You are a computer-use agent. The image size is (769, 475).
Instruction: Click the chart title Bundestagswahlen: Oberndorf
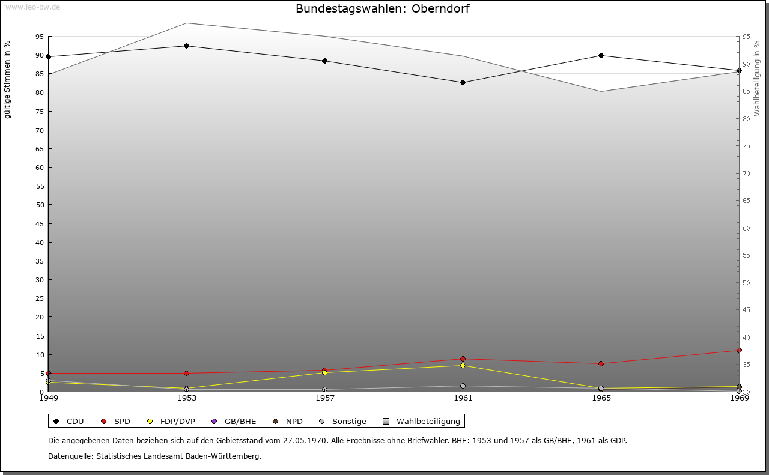382,9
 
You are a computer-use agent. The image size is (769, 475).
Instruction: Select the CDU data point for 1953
187,46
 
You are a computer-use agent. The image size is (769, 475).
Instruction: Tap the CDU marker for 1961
463,82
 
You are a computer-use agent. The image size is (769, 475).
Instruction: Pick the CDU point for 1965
601,56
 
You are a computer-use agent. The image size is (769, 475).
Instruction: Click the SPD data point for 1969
739,350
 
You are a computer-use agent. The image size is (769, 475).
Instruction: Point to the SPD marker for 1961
463,359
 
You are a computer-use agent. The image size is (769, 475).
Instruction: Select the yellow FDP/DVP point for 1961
463,365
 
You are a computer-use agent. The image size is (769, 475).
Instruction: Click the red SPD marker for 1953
187,373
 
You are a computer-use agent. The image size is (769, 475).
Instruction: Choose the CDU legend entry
68,421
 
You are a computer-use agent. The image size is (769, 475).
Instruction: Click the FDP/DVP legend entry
171,421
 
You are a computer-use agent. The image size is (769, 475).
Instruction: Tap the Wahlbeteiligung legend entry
422,421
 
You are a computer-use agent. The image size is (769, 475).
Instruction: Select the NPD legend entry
288,421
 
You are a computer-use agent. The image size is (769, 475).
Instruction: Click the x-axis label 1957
324,398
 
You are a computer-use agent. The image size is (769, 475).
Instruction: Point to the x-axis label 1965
601,398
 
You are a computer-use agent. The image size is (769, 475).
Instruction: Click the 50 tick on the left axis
40,205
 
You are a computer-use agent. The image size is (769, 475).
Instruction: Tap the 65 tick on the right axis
746,201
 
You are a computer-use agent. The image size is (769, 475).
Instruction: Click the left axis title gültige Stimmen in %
8,80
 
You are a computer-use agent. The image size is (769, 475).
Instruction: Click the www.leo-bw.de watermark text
32,7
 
